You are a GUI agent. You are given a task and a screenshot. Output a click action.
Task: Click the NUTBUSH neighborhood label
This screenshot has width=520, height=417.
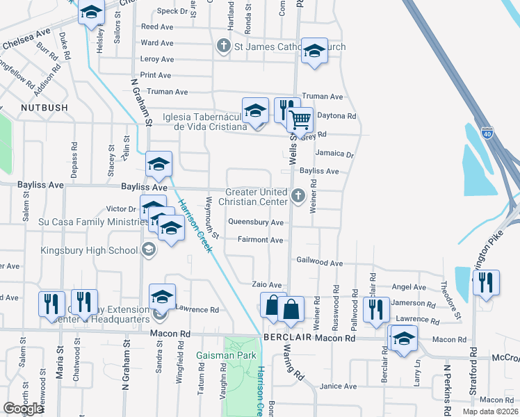[x=44, y=108]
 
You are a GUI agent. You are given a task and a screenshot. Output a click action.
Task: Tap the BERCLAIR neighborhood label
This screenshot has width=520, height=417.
[x=286, y=337]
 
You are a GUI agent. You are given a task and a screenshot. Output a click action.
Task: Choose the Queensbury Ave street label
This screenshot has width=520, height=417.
[x=257, y=222]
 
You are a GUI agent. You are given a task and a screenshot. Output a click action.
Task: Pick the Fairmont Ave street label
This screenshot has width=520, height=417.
[x=260, y=240]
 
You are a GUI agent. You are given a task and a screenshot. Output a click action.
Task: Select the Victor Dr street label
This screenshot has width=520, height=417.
[x=121, y=208]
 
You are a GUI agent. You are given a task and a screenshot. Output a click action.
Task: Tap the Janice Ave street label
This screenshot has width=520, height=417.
[x=338, y=386]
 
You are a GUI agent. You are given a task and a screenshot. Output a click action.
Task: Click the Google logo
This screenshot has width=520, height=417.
[x=23, y=409]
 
